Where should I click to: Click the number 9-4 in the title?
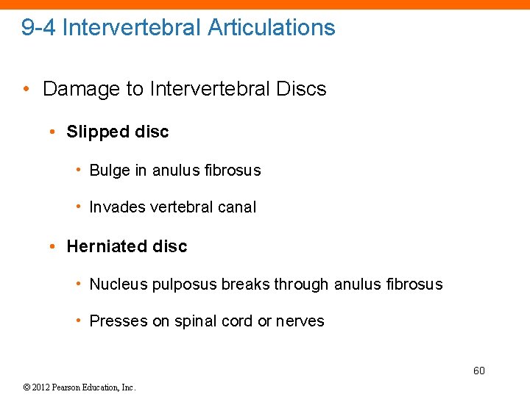pos(38,28)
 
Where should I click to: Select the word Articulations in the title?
pos(272,28)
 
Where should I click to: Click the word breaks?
pos(242,284)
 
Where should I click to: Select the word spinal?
pos(196,321)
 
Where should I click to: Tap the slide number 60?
pos(478,371)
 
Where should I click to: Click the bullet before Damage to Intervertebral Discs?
pos(25,90)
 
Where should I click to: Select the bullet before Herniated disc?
pos(53,246)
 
